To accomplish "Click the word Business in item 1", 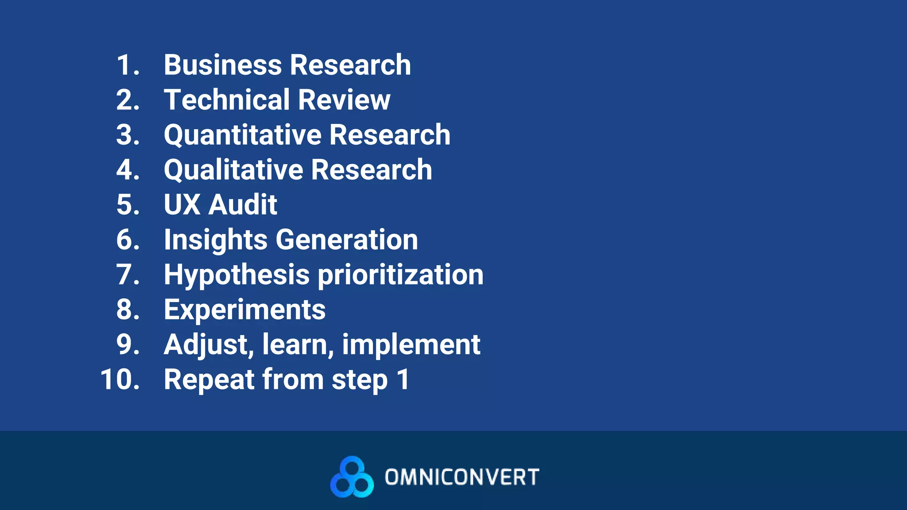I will coord(223,65).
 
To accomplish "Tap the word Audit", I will coord(243,205).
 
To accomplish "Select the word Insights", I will coord(216,240).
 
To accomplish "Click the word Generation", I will coord(347,240).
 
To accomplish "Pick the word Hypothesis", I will coord(236,275).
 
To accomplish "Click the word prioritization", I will coord(401,275).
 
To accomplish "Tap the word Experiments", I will coord(244,309).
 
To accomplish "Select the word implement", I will coord(411,345).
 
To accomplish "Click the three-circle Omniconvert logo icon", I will coord(352,477).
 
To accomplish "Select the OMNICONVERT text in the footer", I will coord(462,477).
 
